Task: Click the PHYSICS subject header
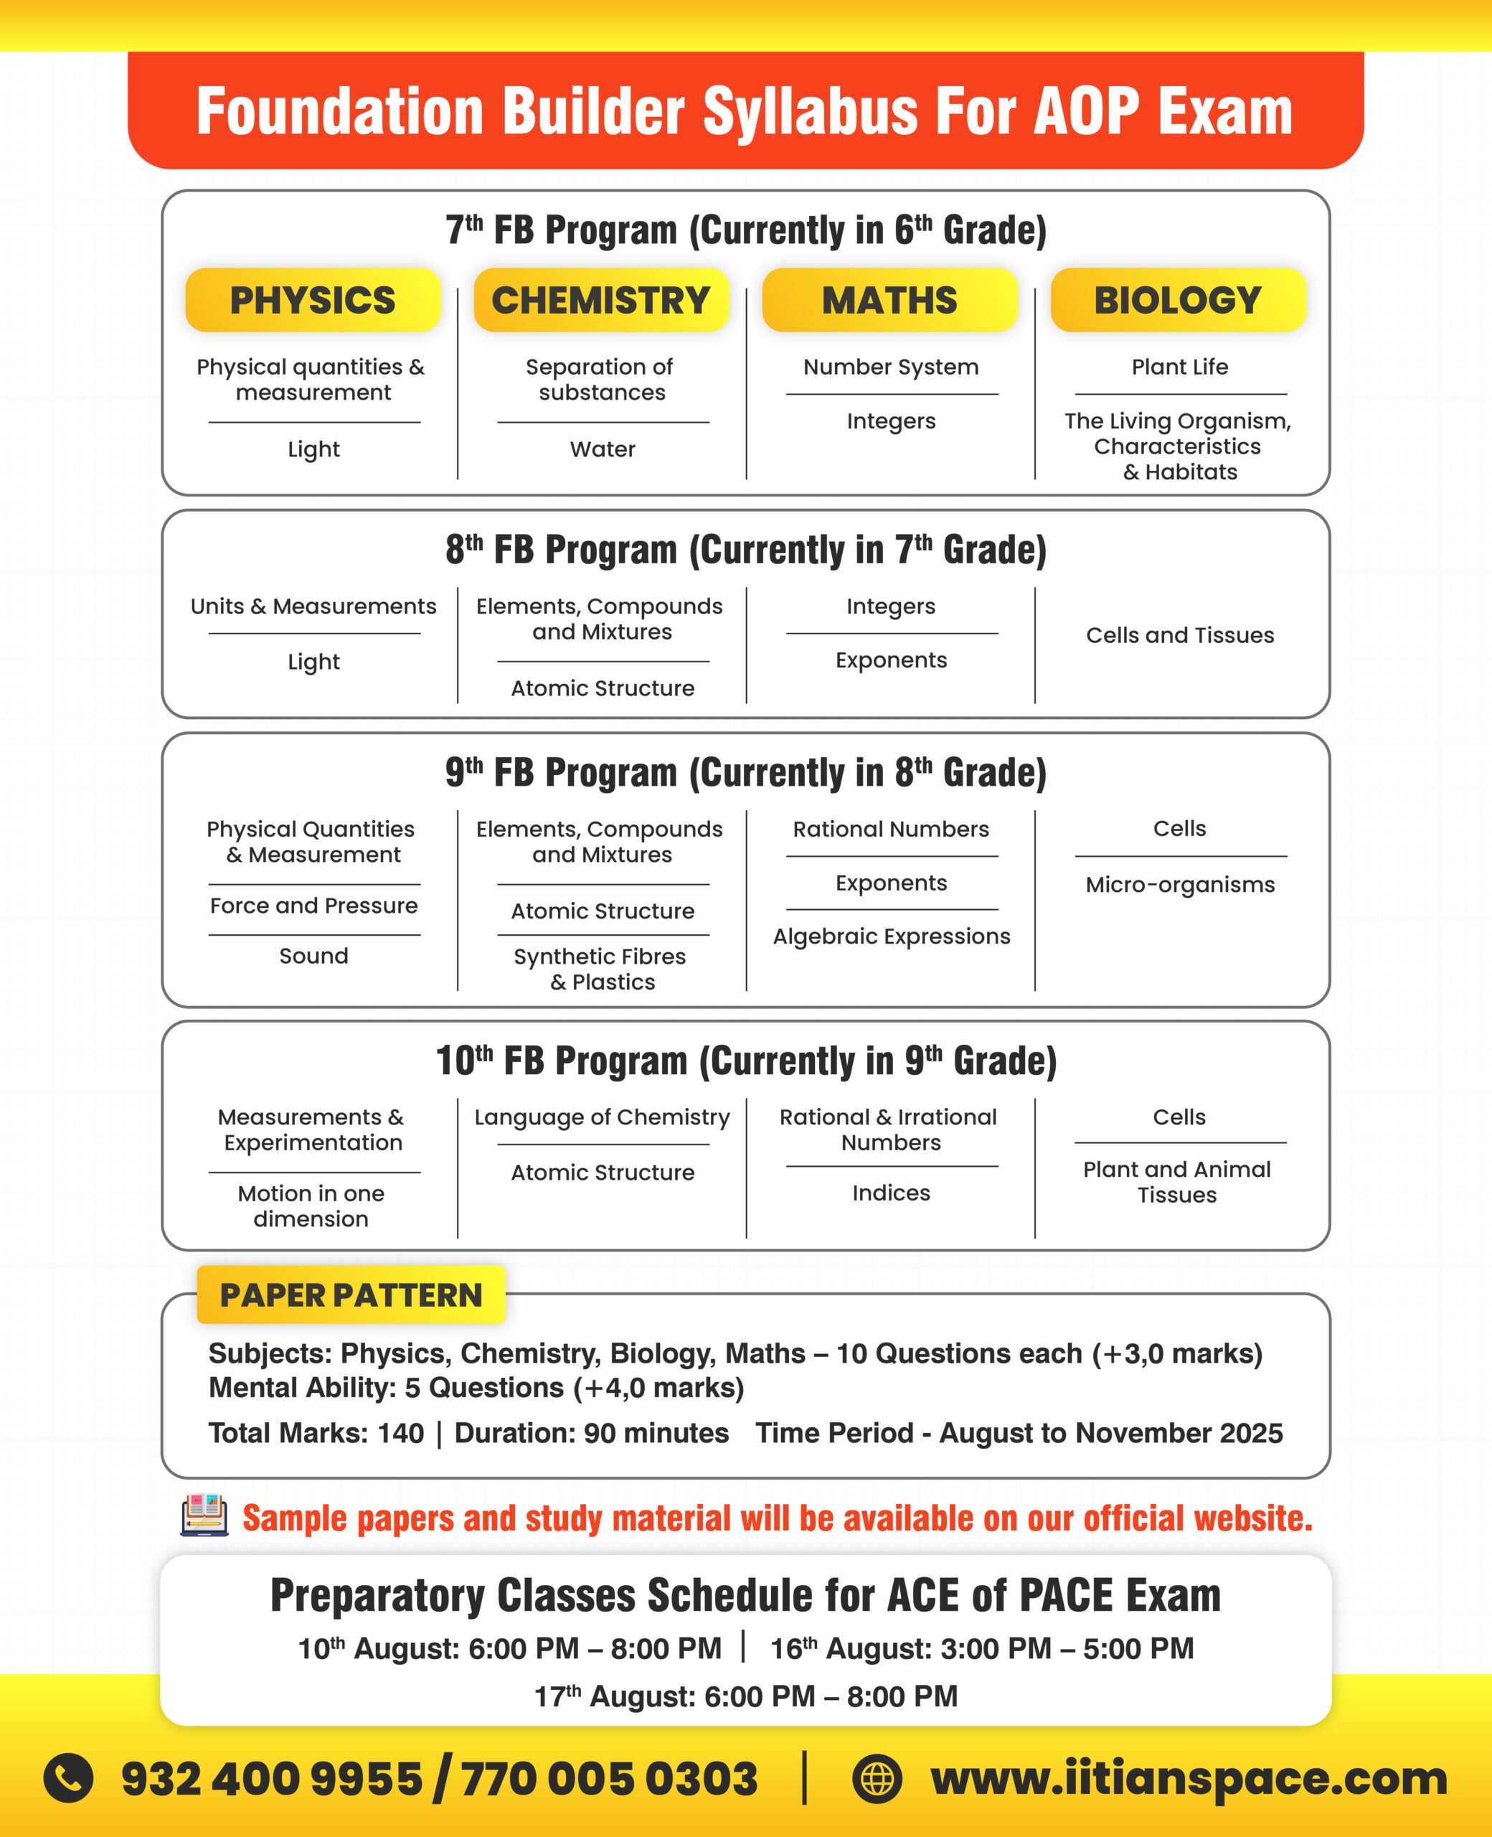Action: pyautogui.click(x=313, y=300)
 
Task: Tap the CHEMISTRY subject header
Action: pyautogui.click(x=601, y=300)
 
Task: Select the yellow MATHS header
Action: pyautogui.click(x=889, y=300)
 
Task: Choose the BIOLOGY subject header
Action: pyautogui.click(x=1177, y=300)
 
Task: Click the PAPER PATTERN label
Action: pyautogui.click(x=351, y=1295)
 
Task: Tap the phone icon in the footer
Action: pyautogui.click(x=69, y=1777)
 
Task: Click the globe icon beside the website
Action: pyautogui.click(x=877, y=1777)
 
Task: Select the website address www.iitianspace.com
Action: pyautogui.click(x=1189, y=1777)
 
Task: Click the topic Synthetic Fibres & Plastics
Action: pyautogui.click(x=602, y=969)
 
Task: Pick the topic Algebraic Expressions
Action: pyautogui.click(x=891, y=936)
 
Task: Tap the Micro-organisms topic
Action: pyautogui.click(x=1180, y=885)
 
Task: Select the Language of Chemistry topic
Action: pyautogui.click(x=602, y=1117)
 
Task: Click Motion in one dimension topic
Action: pyautogui.click(x=311, y=1206)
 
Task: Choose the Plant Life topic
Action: pyautogui.click(x=1180, y=367)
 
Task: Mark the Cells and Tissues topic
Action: pyautogui.click(x=1180, y=635)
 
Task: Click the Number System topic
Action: pyautogui.click(x=891, y=367)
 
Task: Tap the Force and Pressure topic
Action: pyautogui.click(x=313, y=905)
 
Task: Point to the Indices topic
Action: pyautogui.click(x=891, y=1193)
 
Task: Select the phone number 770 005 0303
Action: pyautogui.click(x=609, y=1777)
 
